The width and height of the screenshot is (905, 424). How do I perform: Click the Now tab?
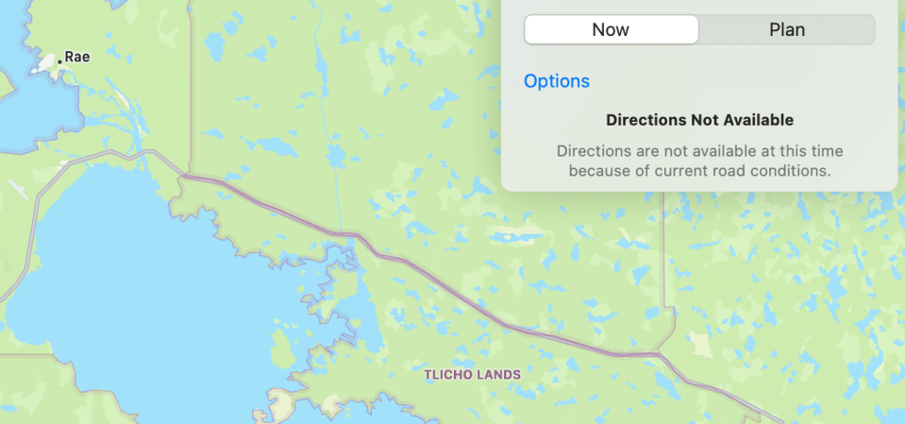pos(611,29)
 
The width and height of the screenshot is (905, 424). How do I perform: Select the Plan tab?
pos(786,29)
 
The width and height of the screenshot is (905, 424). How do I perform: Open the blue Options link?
pos(557,81)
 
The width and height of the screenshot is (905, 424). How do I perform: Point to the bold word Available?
pos(759,120)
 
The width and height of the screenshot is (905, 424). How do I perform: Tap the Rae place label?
pos(77,57)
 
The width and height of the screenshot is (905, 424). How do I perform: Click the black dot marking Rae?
pos(59,60)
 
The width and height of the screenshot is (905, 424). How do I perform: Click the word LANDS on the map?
pos(500,375)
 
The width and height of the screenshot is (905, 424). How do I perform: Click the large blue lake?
pos(113,283)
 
